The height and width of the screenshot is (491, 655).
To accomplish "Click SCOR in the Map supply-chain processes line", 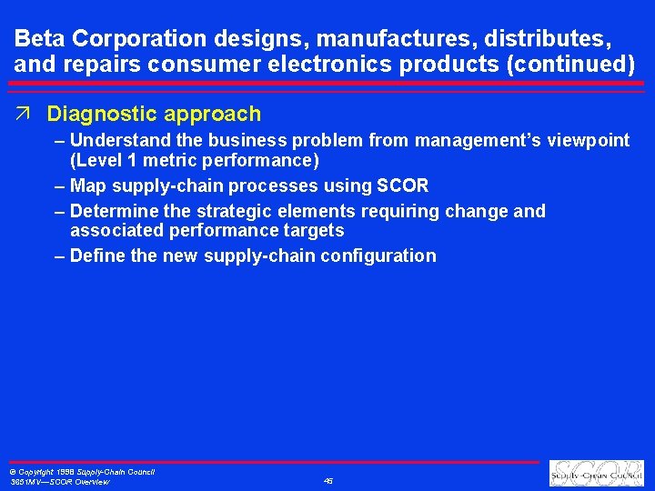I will pyautogui.click(x=403, y=186).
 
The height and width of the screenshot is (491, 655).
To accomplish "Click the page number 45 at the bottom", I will pyautogui.click(x=327, y=481).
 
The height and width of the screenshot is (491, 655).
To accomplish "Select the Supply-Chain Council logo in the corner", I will pyautogui.click(x=596, y=474).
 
